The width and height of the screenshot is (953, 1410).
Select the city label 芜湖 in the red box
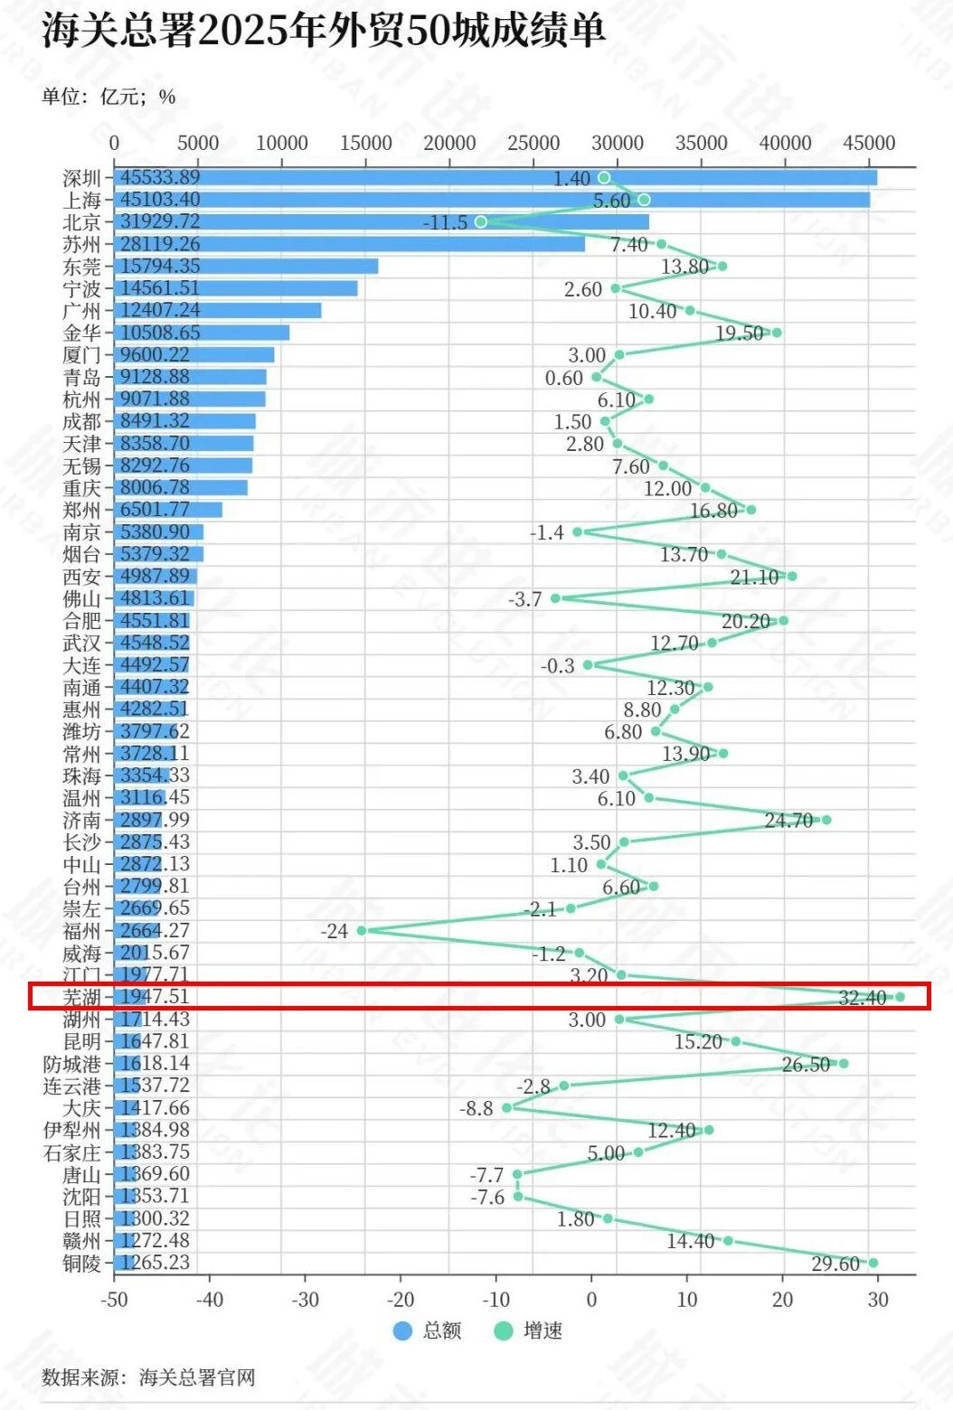click(81, 997)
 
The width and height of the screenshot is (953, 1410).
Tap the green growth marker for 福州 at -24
click(362, 930)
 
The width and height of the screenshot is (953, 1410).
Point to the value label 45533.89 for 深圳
click(160, 177)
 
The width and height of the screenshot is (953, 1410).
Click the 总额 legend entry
click(429, 1330)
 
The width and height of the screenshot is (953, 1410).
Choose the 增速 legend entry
click(530, 1330)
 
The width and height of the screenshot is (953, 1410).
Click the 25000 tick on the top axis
click(533, 143)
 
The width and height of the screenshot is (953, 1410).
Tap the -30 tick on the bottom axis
click(305, 1299)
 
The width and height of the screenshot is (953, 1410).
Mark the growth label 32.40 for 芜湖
click(863, 998)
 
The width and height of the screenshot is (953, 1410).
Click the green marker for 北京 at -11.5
click(481, 221)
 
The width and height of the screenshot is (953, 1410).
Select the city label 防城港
click(72, 1064)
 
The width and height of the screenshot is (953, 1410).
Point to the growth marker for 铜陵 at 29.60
click(873, 1263)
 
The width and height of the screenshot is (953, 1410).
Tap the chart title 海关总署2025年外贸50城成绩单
click(323, 31)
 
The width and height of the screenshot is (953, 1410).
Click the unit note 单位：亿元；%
click(109, 97)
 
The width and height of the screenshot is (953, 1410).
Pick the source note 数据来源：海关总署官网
click(148, 1377)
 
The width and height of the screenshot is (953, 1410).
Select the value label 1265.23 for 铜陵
click(155, 1263)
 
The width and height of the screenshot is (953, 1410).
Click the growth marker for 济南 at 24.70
click(826, 820)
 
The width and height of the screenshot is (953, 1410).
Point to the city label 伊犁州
click(72, 1130)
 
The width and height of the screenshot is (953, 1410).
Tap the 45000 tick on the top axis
click(869, 143)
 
